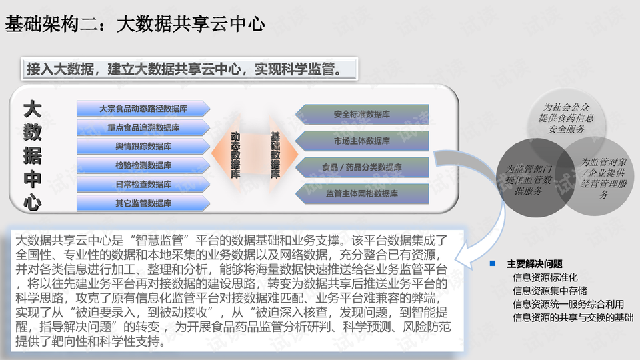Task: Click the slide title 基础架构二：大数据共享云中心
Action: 135,25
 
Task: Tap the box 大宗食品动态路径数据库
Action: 143,108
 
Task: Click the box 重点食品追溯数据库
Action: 143,127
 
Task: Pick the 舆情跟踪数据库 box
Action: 143,146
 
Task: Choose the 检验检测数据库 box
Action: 143,165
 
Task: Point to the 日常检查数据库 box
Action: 143,184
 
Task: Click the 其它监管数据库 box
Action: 143,203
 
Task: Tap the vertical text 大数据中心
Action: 31,155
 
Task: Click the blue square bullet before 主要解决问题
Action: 493,263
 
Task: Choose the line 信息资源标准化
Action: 545,277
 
